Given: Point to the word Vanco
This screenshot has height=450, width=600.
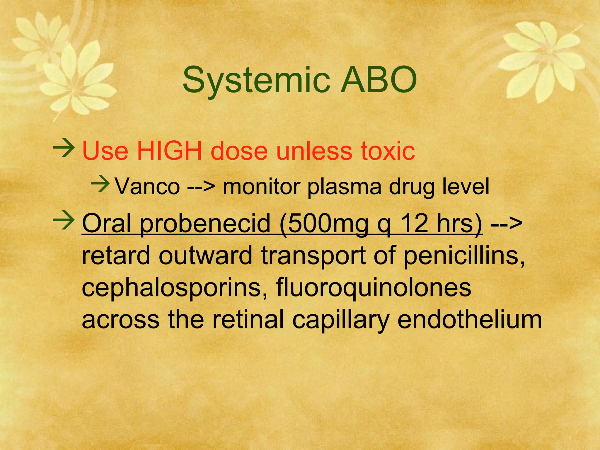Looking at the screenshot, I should click(147, 186).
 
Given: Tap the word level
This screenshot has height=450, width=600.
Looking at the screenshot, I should click(466, 186).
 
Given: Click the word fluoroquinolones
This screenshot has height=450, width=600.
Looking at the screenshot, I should click(374, 289).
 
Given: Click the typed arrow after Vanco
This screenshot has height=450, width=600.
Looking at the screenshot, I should click(201, 187).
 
